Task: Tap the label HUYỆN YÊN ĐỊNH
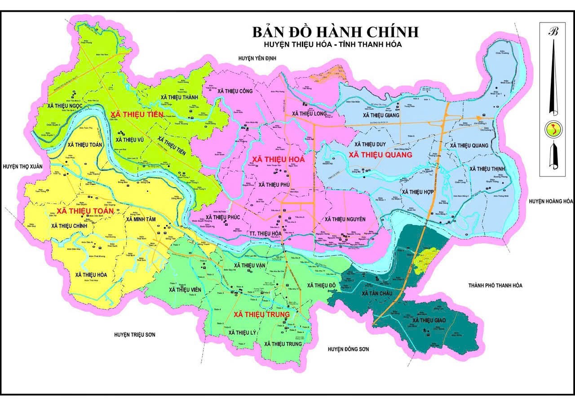[257, 58]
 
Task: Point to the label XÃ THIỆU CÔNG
[235, 91]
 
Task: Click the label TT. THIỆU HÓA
[265, 234]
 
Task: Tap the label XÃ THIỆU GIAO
[429, 320]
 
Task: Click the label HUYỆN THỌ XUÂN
[22, 166]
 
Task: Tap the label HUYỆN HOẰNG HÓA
[551, 201]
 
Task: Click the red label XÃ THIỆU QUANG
[380, 155]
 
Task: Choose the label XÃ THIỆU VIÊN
[185, 290]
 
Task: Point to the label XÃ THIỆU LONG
[309, 114]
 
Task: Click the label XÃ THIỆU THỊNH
[487, 168]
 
